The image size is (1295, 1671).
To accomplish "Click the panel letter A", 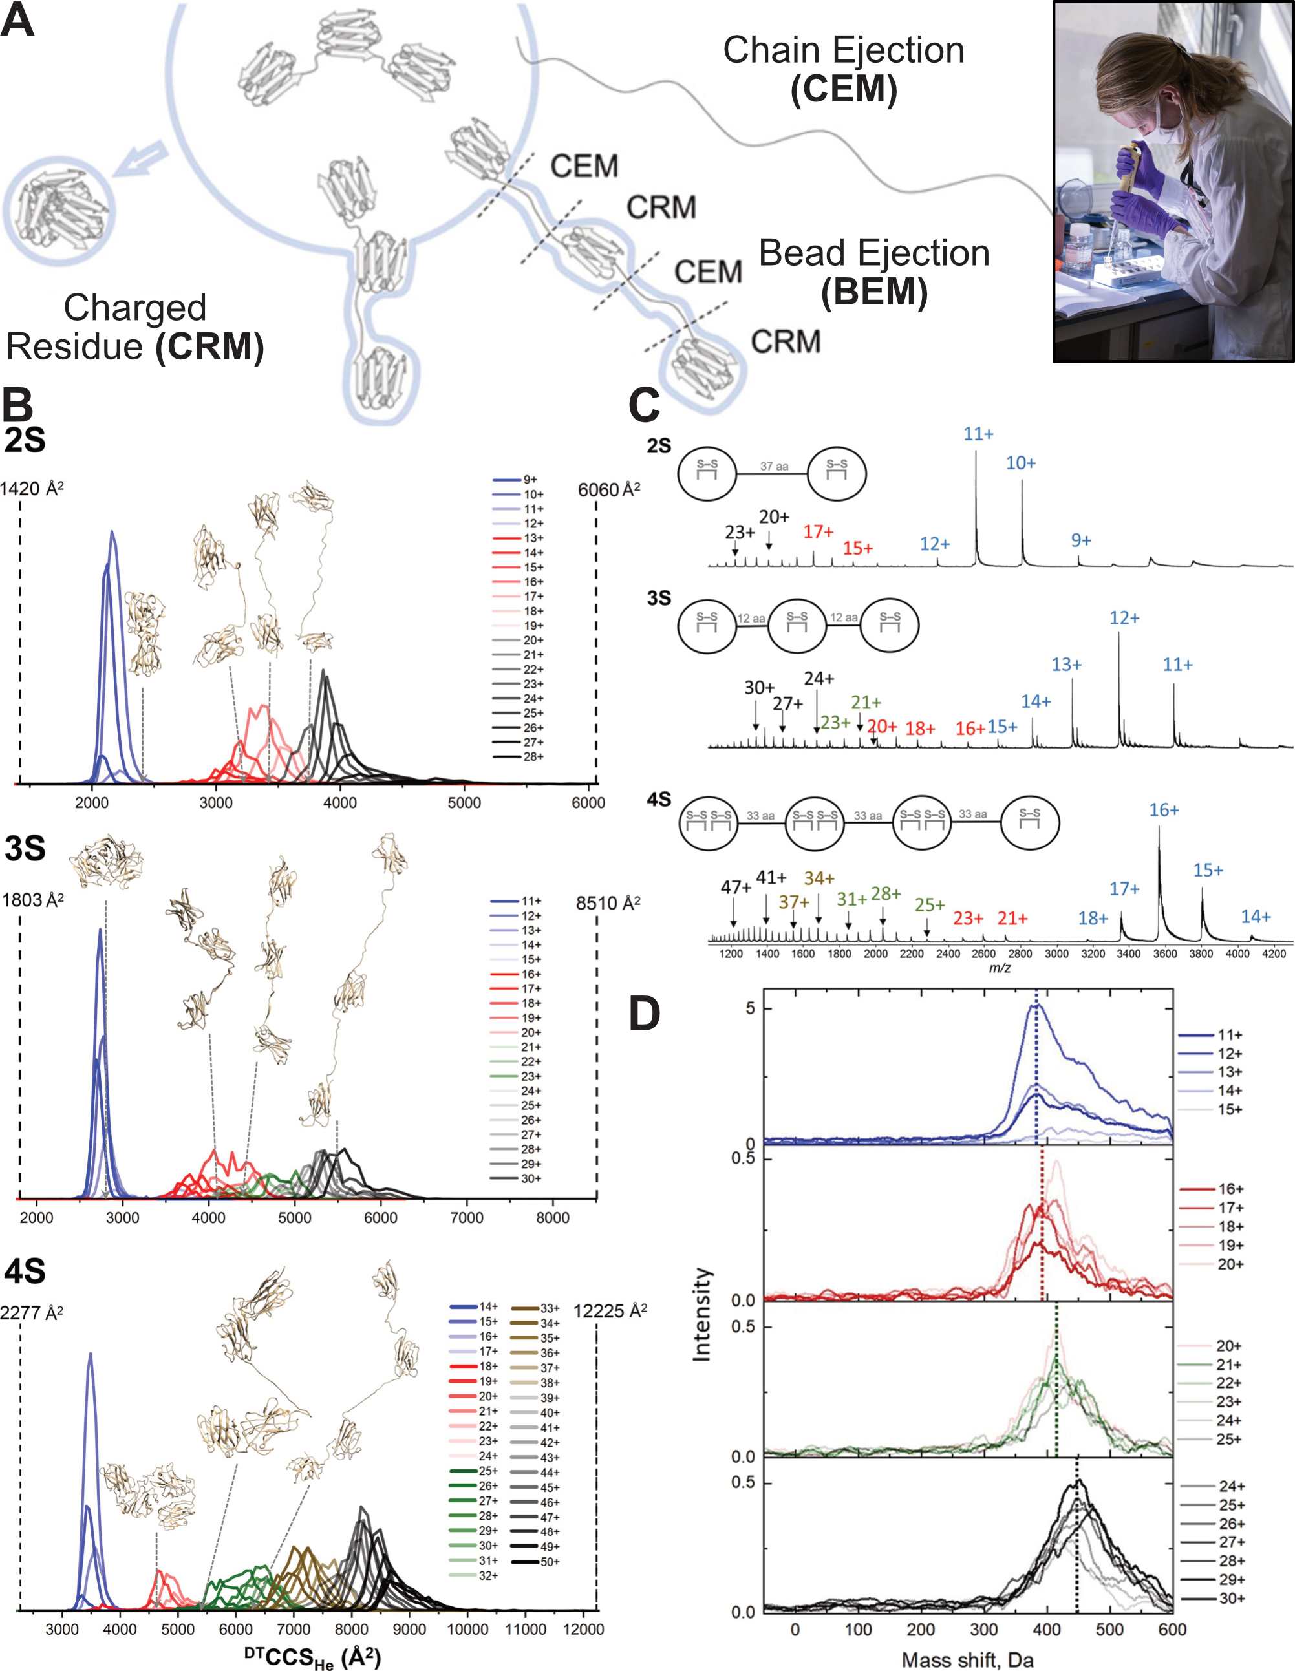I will click(x=17, y=21).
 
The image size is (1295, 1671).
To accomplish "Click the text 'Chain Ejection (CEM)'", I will click(x=844, y=69).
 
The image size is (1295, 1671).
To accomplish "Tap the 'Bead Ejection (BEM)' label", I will click(x=874, y=271).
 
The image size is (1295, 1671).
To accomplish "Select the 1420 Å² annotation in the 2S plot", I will click(x=32, y=488).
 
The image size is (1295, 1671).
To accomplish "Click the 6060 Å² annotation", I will click(x=608, y=490).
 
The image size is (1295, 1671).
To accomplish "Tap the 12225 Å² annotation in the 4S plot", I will click(x=609, y=1311).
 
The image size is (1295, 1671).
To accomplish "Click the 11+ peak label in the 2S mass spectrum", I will click(x=978, y=434).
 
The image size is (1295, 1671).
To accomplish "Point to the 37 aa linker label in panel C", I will click(x=774, y=466).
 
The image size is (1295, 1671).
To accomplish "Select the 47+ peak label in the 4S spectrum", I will click(x=736, y=887).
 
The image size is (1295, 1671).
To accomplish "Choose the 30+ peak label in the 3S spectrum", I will click(x=758, y=687).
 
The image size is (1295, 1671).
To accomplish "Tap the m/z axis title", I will click(x=1000, y=968).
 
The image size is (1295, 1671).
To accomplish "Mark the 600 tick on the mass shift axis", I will click(x=1172, y=1630).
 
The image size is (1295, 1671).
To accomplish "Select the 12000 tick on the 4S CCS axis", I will click(x=583, y=1630).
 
